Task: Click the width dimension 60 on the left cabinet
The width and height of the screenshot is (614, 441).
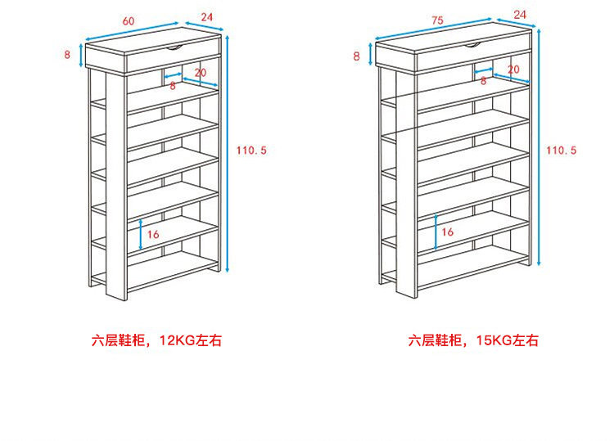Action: click(x=129, y=20)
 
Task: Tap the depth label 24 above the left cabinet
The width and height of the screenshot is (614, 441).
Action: click(x=206, y=16)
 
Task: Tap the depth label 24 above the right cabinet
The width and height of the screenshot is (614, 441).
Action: click(x=520, y=14)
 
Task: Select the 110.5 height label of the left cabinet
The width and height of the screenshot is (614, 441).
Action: click(x=251, y=150)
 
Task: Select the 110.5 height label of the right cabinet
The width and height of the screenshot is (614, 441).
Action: click(x=562, y=150)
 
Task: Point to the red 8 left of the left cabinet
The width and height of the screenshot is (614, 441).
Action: click(x=67, y=55)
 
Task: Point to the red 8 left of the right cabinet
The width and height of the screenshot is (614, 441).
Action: click(x=356, y=56)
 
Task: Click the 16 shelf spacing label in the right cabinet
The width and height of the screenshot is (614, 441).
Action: click(x=447, y=232)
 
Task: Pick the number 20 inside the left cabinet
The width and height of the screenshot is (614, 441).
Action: click(x=201, y=73)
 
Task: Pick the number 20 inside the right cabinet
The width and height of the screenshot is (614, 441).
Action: click(x=513, y=70)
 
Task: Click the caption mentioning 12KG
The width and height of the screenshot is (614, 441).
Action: click(x=156, y=340)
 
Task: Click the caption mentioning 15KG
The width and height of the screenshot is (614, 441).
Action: click(x=473, y=340)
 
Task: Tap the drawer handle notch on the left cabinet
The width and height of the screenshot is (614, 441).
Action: click(x=174, y=49)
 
